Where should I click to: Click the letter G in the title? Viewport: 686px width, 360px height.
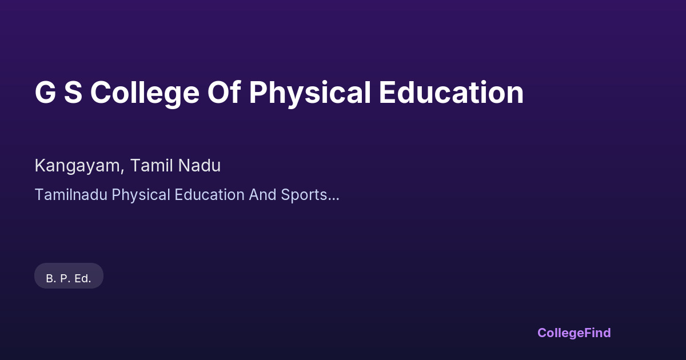45,93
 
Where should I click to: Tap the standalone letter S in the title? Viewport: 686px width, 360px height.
73,93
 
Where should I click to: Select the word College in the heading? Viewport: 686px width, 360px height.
145,94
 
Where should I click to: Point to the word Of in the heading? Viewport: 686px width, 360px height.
224,92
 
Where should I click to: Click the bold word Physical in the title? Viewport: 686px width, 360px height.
310,94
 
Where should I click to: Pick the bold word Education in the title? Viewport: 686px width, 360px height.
452,92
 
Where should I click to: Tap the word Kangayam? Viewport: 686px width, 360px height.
77,166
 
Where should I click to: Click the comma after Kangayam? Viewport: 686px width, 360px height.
122,171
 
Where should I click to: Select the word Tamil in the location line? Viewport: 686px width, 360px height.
151,165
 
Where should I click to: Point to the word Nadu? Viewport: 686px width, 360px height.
199,165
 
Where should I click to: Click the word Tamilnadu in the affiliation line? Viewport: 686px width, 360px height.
71,195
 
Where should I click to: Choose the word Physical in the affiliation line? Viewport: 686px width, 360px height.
141,196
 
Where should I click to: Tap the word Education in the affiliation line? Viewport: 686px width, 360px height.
209,195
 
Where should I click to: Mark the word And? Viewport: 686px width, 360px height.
263,195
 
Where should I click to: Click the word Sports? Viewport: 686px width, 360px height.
304,196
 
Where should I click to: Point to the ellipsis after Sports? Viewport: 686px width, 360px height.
333,199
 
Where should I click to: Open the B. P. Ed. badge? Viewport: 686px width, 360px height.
69,275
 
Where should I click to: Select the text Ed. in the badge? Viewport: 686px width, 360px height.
83,279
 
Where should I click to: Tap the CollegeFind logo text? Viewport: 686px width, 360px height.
574,333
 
